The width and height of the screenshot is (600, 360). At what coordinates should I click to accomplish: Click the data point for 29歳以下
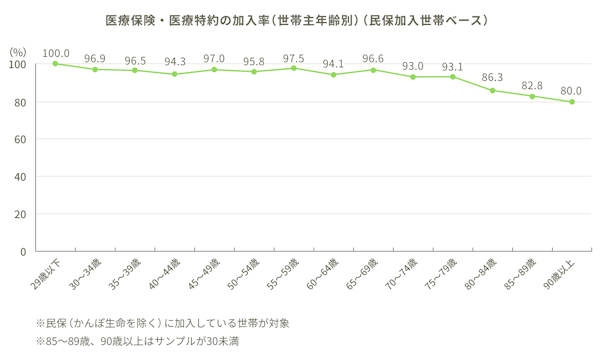55,63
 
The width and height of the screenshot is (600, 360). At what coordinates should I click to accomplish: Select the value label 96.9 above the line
96,57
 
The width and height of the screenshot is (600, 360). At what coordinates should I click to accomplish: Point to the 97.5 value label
294,56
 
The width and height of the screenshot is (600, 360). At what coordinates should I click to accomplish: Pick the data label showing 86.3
492,77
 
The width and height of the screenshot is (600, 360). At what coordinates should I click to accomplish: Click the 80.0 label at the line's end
571,90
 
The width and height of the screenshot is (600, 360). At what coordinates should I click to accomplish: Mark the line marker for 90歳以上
571,101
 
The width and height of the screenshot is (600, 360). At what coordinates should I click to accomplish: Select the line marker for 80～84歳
492,90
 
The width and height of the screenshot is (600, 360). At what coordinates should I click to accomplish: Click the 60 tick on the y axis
19,139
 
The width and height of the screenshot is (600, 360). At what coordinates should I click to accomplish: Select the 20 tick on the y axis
19,214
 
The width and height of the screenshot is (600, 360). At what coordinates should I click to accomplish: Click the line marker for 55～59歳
294,68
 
